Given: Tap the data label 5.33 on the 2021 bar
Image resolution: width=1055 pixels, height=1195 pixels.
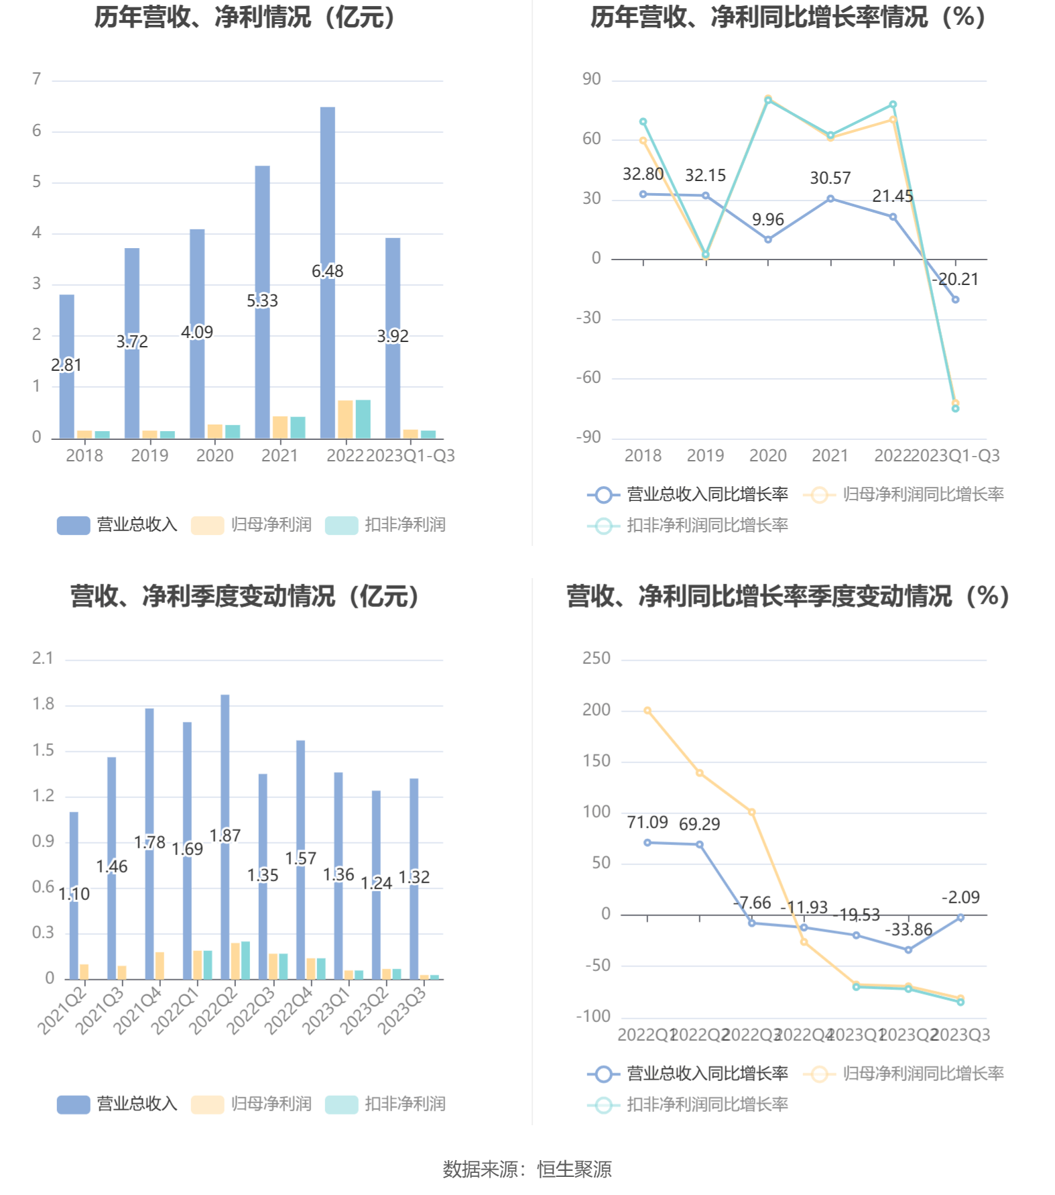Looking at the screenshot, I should click(262, 300).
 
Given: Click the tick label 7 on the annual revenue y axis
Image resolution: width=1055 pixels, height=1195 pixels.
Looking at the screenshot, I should click(37, 79).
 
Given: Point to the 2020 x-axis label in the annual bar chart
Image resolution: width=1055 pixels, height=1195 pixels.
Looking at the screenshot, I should click(214, 455).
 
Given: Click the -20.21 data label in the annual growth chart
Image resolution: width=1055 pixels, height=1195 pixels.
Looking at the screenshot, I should click(955, 279).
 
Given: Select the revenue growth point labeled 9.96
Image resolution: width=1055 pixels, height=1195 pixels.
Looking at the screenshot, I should click(768, 239).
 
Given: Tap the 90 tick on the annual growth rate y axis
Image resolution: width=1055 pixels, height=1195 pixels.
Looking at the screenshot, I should click(591, 79).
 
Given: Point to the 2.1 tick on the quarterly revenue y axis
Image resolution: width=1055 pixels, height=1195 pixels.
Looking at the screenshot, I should click(43, 658).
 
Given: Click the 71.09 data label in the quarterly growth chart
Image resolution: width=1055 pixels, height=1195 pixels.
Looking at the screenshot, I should click(647, 822).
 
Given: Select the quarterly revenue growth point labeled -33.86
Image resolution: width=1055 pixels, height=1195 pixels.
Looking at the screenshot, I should click(908, 950).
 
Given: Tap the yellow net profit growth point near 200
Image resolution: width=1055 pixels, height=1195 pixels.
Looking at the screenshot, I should click(647, 710).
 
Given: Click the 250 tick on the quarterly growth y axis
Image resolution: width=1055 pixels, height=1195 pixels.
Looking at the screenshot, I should click(596, 658).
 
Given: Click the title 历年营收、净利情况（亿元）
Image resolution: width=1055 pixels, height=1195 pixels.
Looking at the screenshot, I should click(245, 17).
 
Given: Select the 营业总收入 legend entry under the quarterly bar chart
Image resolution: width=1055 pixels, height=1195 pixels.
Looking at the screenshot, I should click(118, 1104).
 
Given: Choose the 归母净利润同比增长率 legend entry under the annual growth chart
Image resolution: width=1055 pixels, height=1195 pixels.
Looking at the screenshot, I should click(904, 494).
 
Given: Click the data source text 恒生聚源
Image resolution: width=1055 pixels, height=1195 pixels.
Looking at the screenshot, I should click(574, 1170).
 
